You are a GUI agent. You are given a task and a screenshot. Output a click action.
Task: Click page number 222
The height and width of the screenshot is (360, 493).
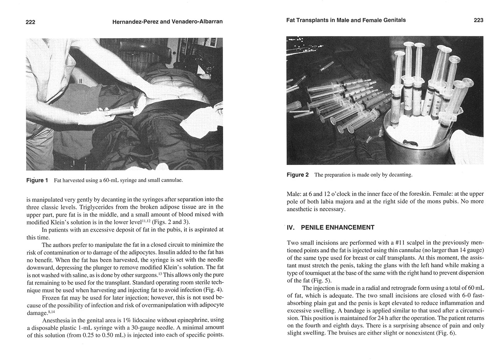click(30, 22)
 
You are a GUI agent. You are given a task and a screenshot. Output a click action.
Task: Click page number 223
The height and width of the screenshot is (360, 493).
click(479, 20)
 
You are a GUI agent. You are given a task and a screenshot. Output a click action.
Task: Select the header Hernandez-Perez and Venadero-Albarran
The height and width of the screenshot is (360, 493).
click(167, 22)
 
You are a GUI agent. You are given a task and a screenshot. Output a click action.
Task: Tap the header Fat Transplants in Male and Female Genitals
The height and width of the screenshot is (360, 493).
click(346, 20)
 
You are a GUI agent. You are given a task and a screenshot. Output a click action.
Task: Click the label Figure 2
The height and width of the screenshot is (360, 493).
click(298, 175)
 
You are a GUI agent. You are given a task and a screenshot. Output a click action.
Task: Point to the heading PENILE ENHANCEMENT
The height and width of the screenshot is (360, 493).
click(338, 228)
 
